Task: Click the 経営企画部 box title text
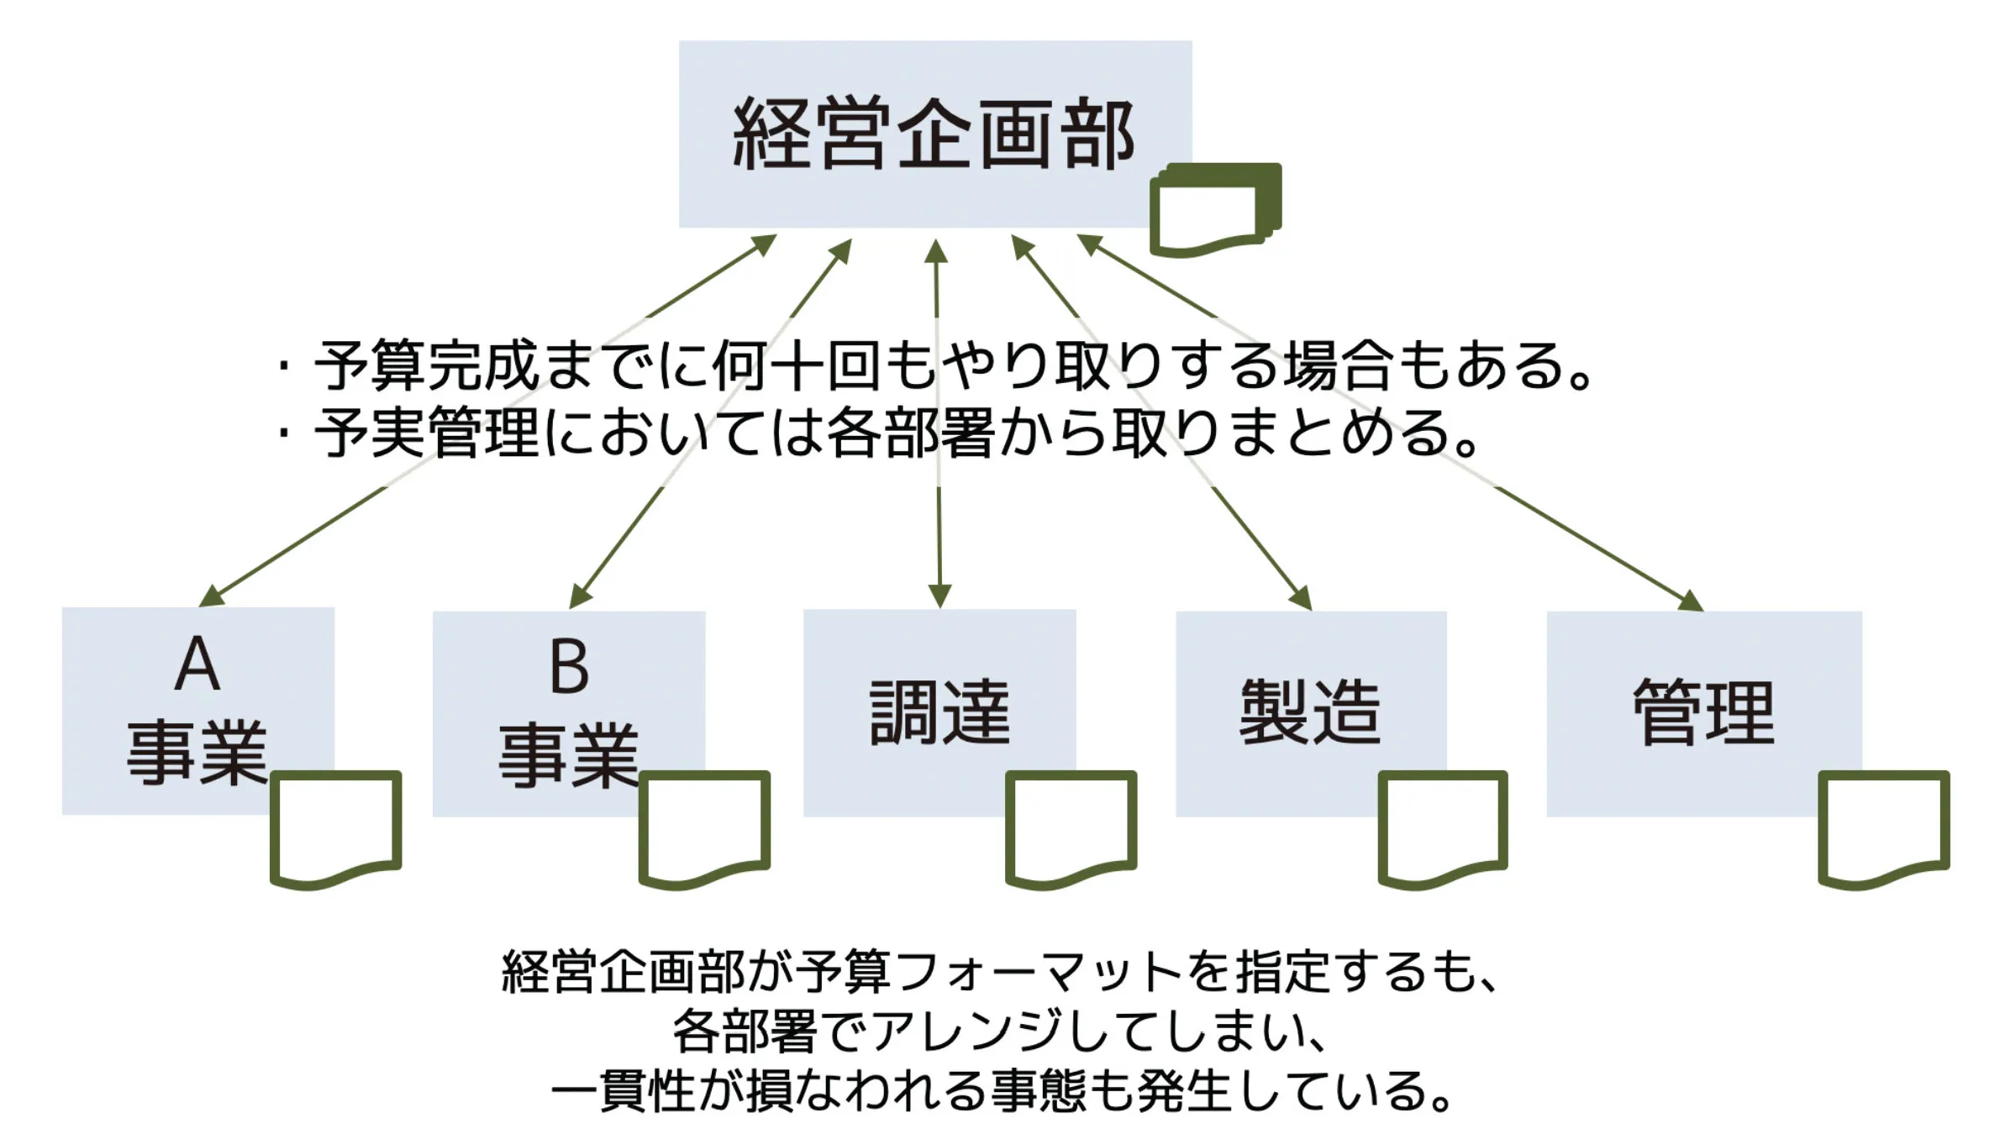pos(934,134)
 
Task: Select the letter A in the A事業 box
pos(197,664)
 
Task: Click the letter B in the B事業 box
pos(569,667)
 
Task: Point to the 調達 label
pos(939,712)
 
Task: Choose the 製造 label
pos(1310,712)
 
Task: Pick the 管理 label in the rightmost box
pos(1703,712)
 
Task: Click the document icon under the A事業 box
pos(335,827)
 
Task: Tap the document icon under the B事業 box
pos(704,827)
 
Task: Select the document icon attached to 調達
pos(1071,827)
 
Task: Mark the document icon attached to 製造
pos(1442,827)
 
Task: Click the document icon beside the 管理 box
pos(1883,827)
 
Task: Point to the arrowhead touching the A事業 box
pos(210,596)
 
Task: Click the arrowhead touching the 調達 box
pos(939,596)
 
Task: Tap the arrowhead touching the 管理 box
pos(1691,601)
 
